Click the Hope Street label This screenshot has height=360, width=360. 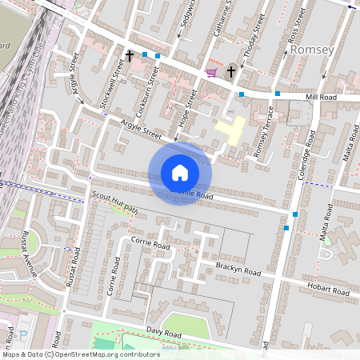pos(190,107)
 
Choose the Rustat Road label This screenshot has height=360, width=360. pos(74,268)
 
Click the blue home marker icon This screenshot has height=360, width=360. pos(180,173)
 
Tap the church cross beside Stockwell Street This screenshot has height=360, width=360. pos(130,56)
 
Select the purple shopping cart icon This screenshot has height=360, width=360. pos(211,72)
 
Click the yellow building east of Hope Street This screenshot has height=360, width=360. pos(230,130)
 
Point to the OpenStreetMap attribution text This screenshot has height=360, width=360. pos(80,354)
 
